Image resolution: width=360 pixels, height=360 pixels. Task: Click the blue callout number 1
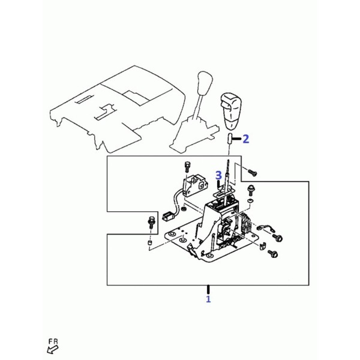pos(208,299)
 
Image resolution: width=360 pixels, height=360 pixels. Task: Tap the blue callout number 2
pos(245,139)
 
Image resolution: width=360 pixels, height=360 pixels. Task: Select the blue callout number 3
pos(218,175)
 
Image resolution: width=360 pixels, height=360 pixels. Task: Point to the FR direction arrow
pos(53,350)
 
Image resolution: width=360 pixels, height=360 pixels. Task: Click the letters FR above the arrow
pos(53,341)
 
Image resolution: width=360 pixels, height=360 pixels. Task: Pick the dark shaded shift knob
pos(230,110)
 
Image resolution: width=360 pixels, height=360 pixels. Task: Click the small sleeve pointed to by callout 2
pos(230,139)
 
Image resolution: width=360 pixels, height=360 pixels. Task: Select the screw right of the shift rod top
pos(252,173)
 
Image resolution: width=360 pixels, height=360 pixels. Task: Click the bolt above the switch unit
pos(187,167)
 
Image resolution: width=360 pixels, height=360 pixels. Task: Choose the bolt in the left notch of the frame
pos(151,222)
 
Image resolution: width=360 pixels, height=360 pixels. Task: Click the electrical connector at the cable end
pos(167,216)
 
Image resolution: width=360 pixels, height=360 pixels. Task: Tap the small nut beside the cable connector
pos(184,209)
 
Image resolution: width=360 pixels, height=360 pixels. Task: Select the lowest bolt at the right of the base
pos(273,254)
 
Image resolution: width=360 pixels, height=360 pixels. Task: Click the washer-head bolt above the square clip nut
pos(250,191)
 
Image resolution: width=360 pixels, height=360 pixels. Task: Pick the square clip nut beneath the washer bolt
pos(250,200)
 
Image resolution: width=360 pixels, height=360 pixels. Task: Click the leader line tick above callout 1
pos(208,290)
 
